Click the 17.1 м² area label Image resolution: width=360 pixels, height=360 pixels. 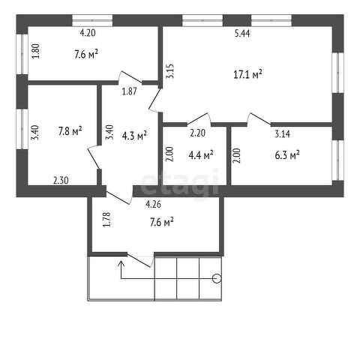click(x=247, y=73)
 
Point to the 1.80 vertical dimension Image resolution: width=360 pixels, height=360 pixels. click(x=35, y=52)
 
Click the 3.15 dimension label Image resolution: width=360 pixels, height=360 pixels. click(x=170, y=72)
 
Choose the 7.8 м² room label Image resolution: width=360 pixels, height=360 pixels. click(x=69, y=130)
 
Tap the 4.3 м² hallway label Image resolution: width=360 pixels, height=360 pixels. click(x=134, y=135)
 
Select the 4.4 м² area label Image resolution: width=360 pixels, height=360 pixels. click(x=199, y=155)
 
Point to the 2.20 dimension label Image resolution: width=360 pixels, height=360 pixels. click(x=197, y=133)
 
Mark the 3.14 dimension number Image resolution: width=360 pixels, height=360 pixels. click(x=282, y=133)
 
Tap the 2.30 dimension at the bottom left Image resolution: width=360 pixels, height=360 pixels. click(x=60, y=180)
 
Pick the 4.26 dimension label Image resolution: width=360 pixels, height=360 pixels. click(x=152, y=202)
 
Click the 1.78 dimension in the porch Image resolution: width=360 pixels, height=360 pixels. click(x=106, y=220)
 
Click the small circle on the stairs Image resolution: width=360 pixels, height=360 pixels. click(x=217, y=279)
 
